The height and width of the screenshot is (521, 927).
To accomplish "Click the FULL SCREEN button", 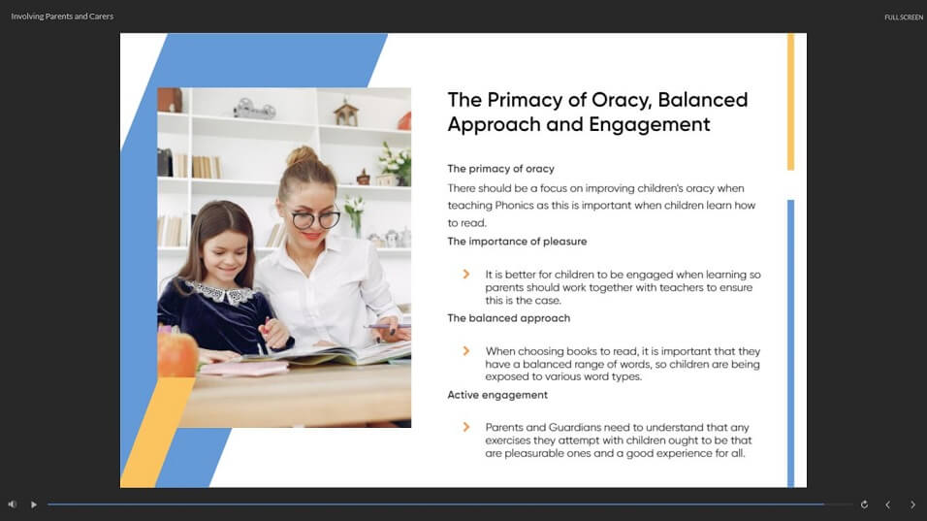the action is (904, 17).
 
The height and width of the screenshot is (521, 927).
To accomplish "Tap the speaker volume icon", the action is (13, 505).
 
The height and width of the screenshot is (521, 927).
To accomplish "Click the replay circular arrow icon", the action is (864, 505).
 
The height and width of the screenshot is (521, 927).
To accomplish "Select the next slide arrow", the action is (912, 505).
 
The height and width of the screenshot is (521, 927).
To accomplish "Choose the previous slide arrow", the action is (887, 505).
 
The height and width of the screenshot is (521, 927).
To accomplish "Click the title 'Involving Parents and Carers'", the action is (62, 16).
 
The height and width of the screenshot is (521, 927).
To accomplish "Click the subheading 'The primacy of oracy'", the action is (500, 169).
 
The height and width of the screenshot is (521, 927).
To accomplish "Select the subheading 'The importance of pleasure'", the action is (517, 242).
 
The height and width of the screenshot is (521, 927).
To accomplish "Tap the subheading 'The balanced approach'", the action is (509, 318).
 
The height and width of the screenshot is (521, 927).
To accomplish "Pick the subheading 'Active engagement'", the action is (497, 395).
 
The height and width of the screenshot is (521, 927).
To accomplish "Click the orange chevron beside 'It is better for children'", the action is (466, 275).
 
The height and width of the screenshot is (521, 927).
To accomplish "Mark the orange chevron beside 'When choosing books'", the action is (466, 350).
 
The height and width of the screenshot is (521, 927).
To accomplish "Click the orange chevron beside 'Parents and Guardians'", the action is (466, 427).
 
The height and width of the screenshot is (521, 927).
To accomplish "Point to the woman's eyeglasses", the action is (316, 219).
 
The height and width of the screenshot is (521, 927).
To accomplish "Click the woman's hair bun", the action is (303, 156).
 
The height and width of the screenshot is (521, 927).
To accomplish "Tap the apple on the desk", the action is (176, 354).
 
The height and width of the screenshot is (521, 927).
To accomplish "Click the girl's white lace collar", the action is (222, 292).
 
